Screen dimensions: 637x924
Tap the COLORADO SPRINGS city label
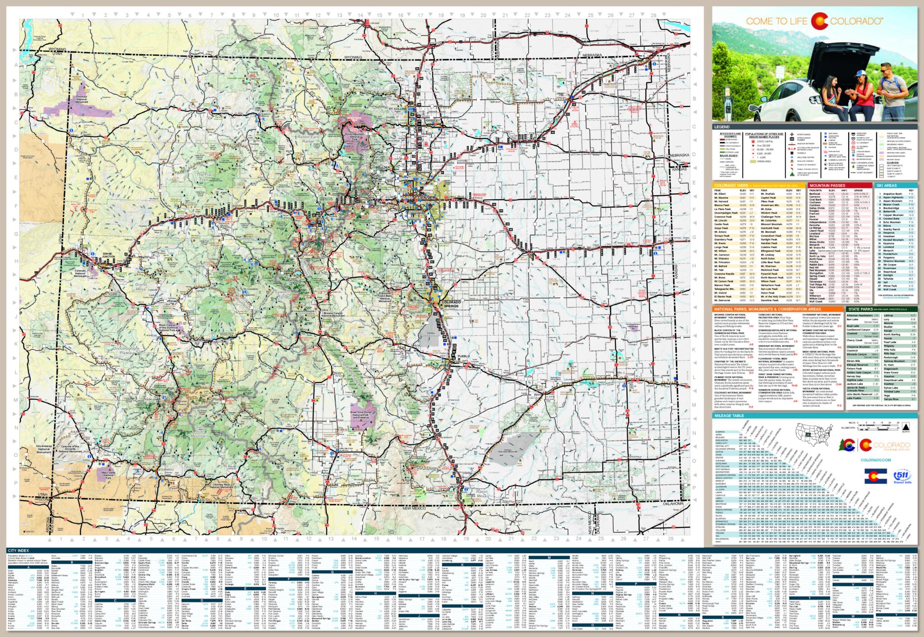(451, 304)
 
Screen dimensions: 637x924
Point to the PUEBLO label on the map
(463, 356)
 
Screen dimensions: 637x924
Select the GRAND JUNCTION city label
(107, 255)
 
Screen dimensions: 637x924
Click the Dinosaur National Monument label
(82, 99)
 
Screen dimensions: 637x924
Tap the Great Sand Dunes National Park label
(360, 414)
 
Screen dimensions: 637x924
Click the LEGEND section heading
(722, 127)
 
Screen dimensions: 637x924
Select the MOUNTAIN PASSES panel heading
(827, 185)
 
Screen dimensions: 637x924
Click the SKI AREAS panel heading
(887, 185)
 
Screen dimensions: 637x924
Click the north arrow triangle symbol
(906, 427)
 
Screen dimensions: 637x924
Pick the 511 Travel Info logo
(901, 476)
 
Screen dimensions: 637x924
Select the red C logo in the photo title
(819, 21)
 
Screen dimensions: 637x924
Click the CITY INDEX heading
(18, 550)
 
